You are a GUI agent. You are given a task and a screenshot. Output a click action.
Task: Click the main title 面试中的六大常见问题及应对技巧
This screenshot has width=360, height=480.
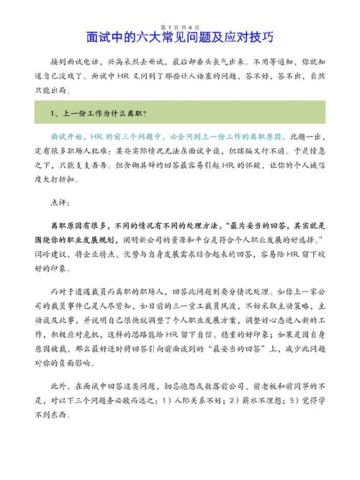pyautogui.click(x=180, y=36)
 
